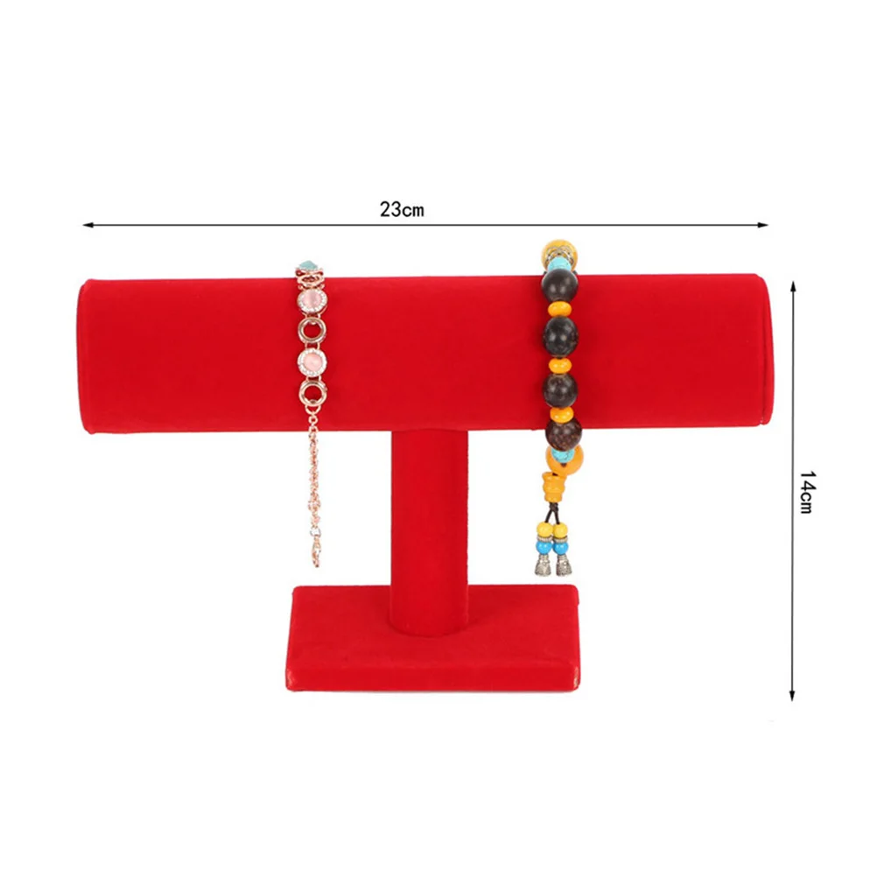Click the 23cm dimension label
(x=402, y=209)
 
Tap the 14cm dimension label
(x=805, y=491)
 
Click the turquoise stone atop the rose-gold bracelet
(x=307, y=266)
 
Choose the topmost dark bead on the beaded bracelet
(x=558, y=286)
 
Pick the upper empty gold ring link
(x=312, y=331)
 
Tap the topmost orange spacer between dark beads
(x=560, y=309)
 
